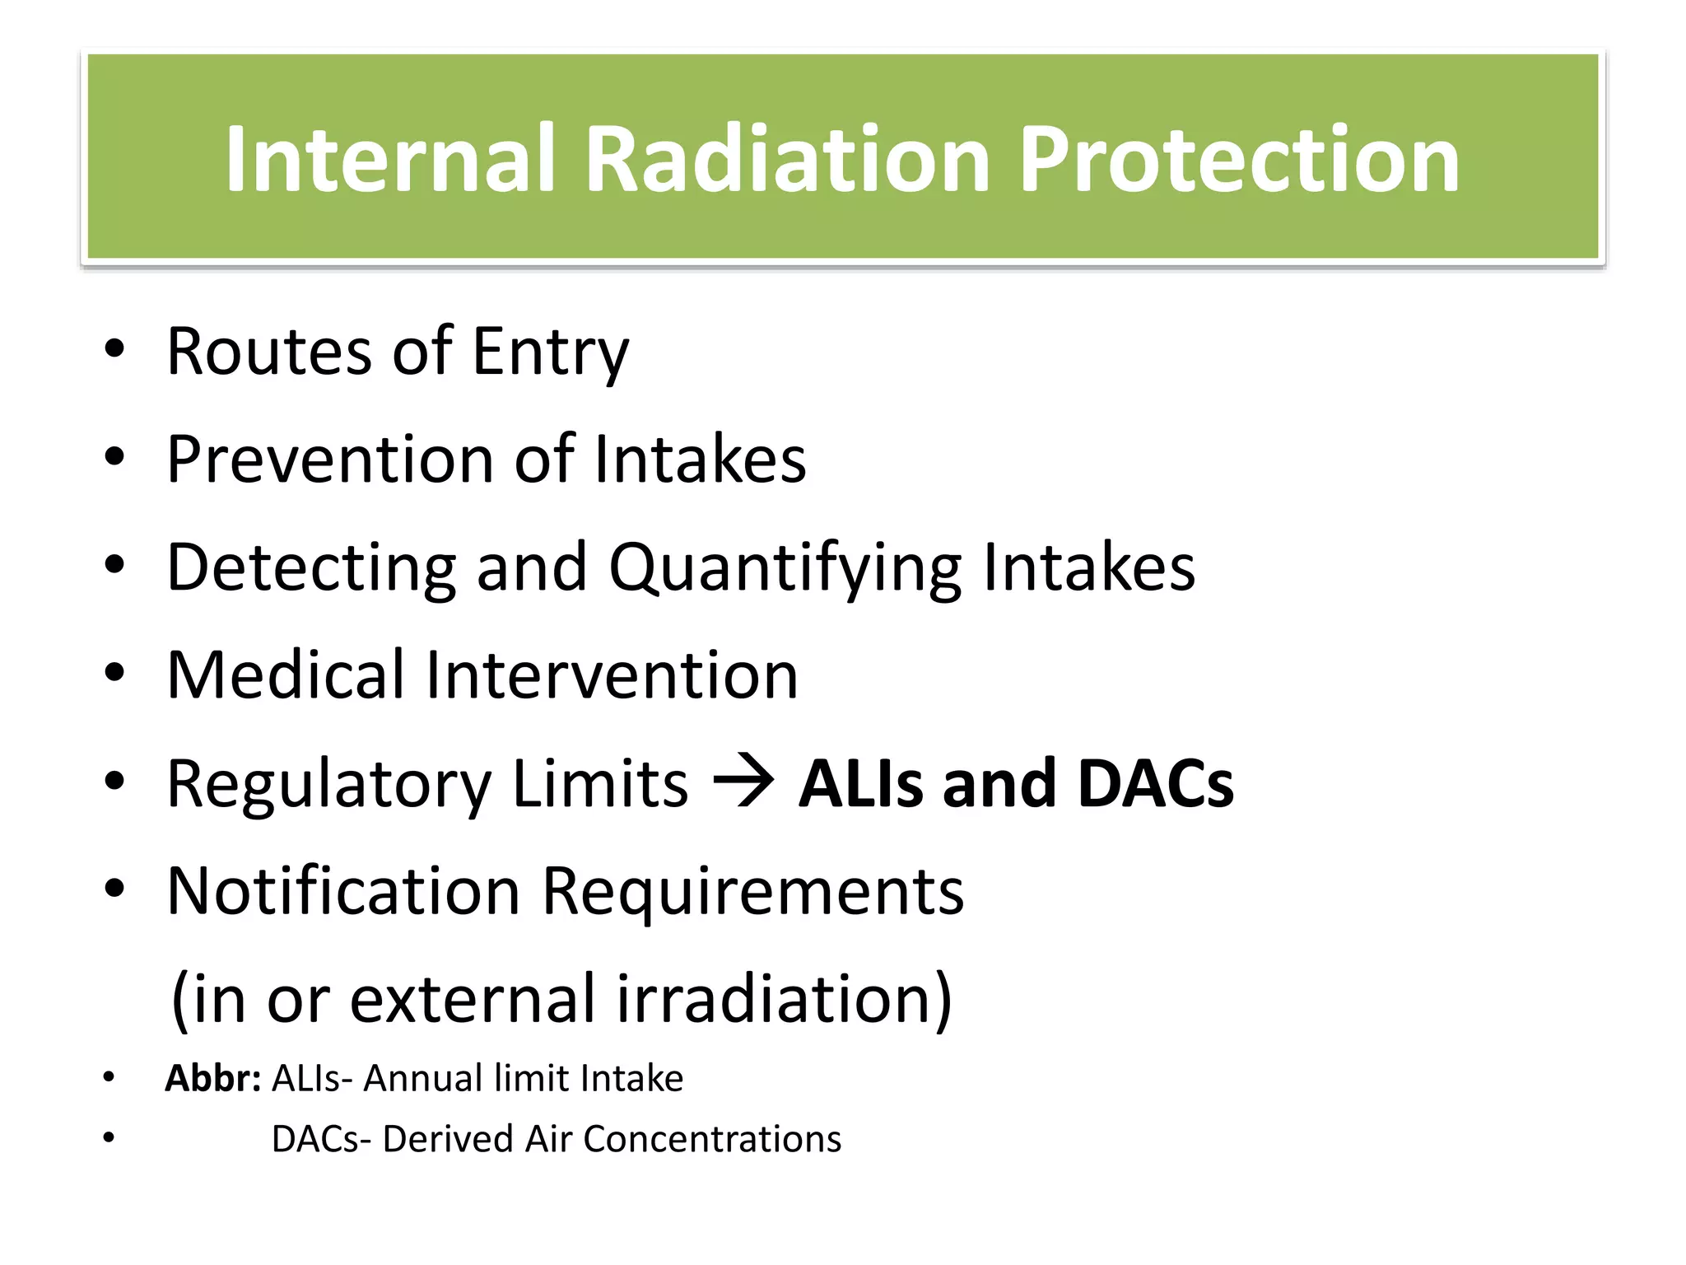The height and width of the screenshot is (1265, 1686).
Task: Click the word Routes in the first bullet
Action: click(x=268, y=352)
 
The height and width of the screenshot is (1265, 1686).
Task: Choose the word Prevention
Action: click(x=329, y=460)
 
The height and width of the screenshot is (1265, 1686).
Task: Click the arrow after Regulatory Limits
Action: click(x=743, y=782)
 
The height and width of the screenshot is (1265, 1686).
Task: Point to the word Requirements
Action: click(x=752, y=893)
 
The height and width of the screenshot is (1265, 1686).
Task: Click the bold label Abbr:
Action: click(x=212, y=1078)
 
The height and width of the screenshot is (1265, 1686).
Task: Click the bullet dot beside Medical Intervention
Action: click(x=114, y=674)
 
